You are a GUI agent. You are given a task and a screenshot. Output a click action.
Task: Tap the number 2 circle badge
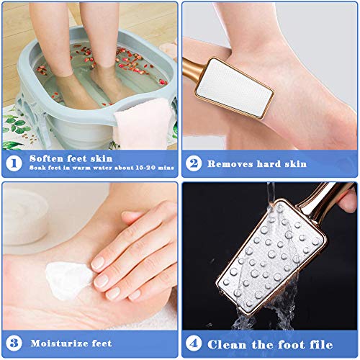click(193, 163)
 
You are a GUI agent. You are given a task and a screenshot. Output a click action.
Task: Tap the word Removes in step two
click(231, 163)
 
